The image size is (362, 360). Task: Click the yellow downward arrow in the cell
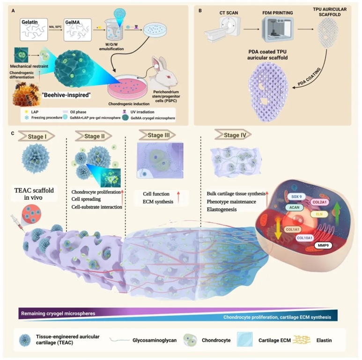coord(273,233)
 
